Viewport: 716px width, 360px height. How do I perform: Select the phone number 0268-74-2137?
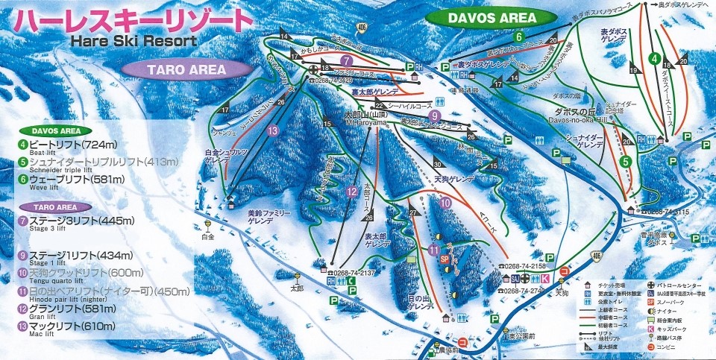(x=347, y=272)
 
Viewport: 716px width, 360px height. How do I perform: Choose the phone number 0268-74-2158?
(x=525, y=266)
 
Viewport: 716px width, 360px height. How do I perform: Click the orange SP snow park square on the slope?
(x=444, y=258)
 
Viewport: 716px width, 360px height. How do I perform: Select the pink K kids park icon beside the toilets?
(x=544, y=278)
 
